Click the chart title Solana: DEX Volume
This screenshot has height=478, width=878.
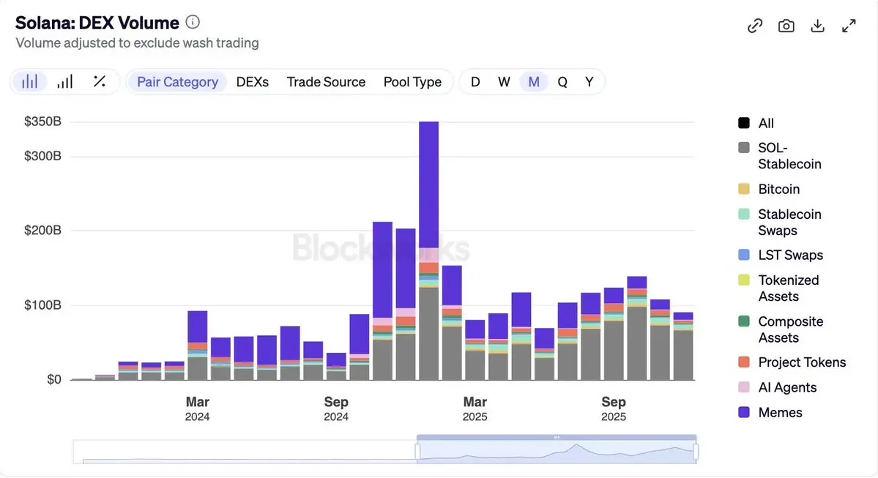pos(97,23)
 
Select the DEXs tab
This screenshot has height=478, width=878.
pos(252,82)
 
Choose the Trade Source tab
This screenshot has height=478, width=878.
pos(326,82)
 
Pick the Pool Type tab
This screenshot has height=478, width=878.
pos(412,82)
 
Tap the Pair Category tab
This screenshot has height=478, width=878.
pos(177,82)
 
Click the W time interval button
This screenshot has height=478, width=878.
pos(504,82)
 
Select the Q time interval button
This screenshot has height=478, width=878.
pos(562,82)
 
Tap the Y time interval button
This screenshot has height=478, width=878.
pos(589,82)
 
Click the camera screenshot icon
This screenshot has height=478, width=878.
pos(786,26)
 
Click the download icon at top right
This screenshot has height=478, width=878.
pos(817,26)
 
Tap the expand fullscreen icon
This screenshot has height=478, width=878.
pos(849,26)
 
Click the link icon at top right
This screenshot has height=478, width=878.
pos(754,26)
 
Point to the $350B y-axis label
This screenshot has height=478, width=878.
pos(42,122)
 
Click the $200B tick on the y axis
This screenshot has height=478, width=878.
pos(42,231)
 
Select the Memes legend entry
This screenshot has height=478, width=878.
pos(780,413)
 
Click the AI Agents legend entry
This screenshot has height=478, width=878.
pos(786,388)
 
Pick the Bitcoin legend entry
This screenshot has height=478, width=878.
pos(778,190)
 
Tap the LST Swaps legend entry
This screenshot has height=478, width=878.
pos(790,255)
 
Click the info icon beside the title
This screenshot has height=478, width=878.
pos(193,22)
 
